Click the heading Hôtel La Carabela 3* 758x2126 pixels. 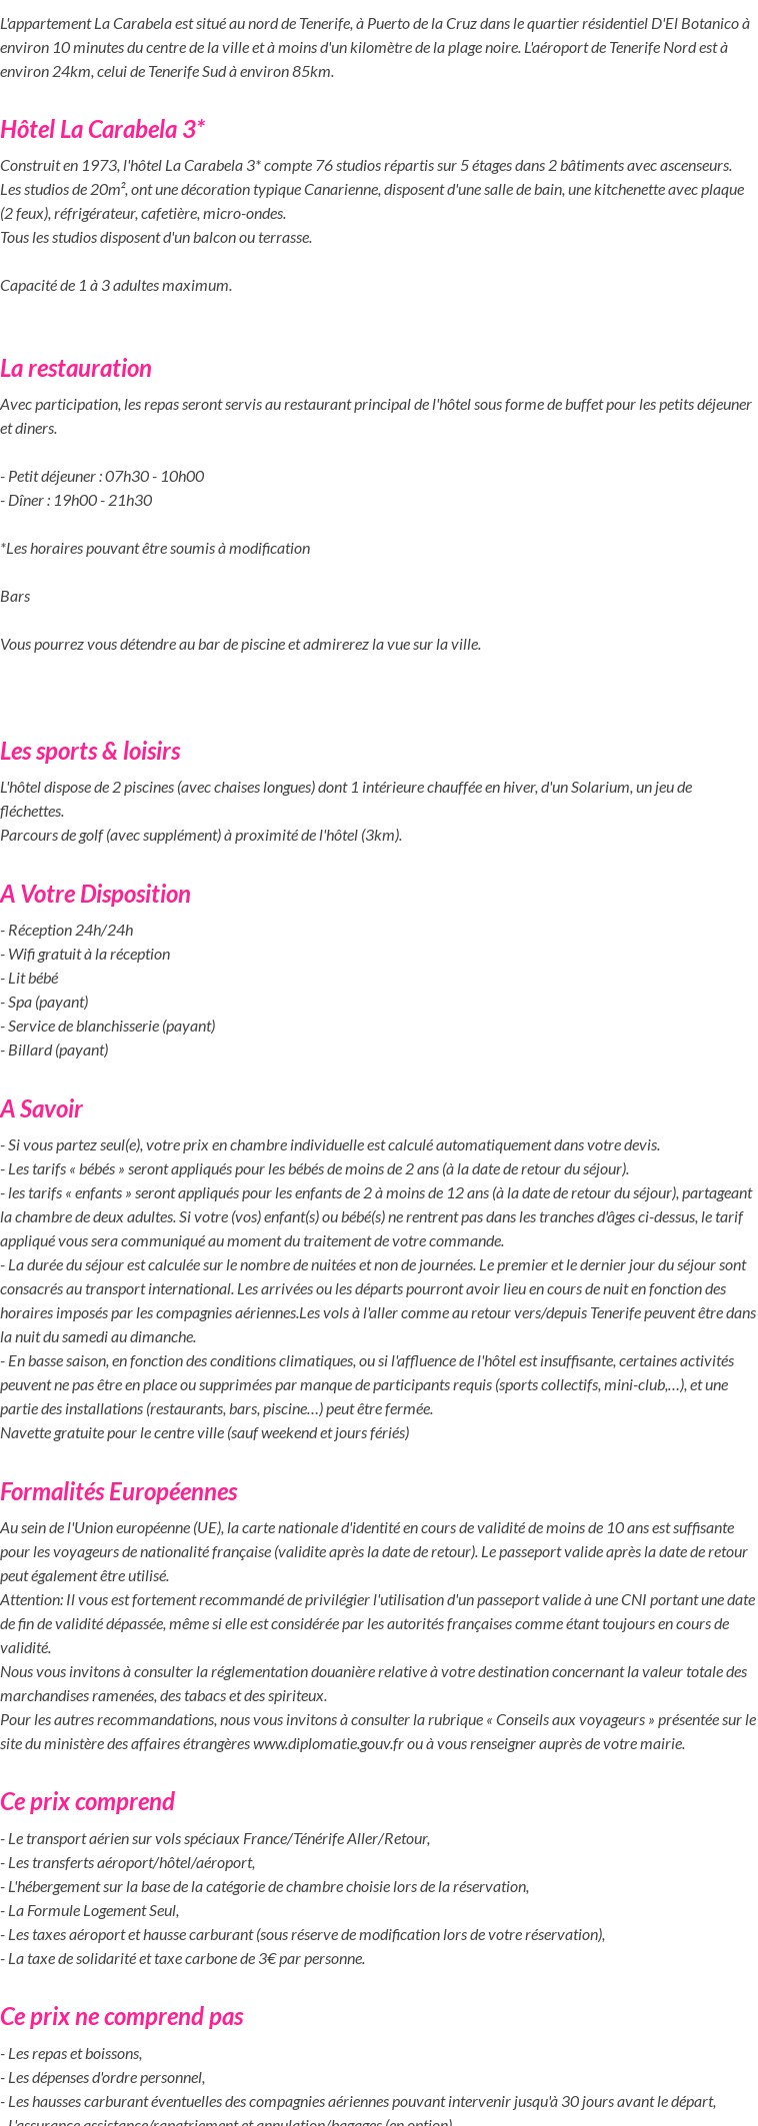102,130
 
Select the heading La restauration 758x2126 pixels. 76,369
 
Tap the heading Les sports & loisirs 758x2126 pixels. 90,752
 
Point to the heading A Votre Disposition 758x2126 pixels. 95,895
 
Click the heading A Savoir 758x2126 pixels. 41,1109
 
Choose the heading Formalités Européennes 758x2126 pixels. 118,1492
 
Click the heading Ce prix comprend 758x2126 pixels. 87,1802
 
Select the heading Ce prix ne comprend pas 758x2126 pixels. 121,2017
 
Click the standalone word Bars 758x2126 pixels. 15,597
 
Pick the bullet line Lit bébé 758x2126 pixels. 32,979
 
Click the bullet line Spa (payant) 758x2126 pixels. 47,1003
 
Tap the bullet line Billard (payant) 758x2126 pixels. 57,1051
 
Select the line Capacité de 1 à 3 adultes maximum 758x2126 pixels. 116,286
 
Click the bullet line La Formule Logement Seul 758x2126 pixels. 92,1911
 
